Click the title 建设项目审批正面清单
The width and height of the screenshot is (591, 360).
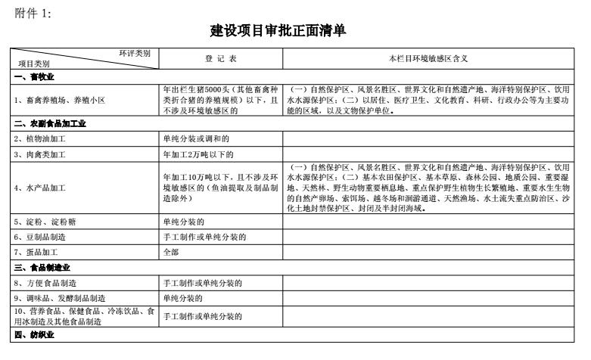[279, 31]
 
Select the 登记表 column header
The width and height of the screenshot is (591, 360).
[220, 58]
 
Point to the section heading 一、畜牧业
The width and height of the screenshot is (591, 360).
[34, 77]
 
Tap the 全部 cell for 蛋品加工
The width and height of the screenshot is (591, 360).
[172, 253]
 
